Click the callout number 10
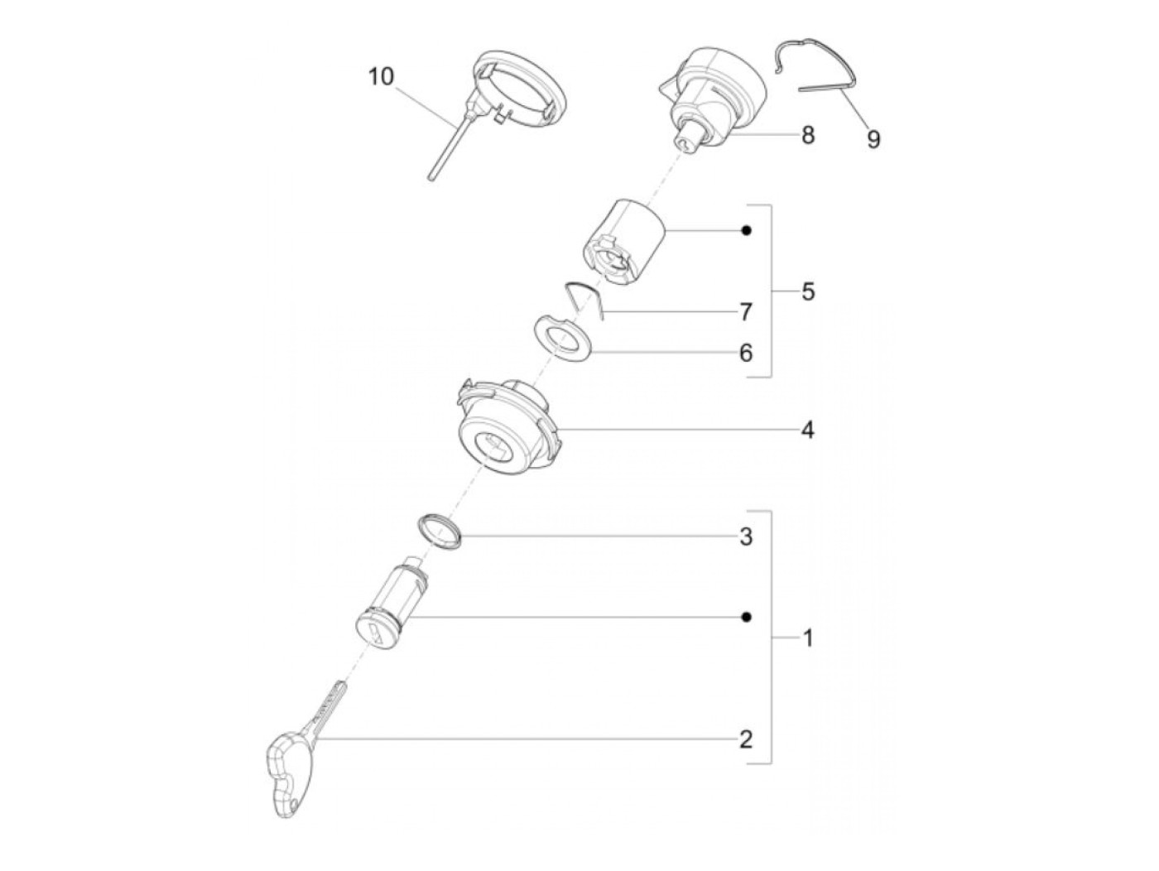click(x=382, y=77)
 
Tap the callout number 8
click(x=808, y=135)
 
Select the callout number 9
click(x=873, y=139)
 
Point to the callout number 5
click(x=808, y=291)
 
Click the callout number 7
click(x=745, y=312)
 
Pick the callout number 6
click(x=745, y=353)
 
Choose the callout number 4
click(x=808, y=431)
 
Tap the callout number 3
click(x=745, y=537)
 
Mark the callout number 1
click(x=808, y=638)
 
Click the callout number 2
click(x=745, y=740)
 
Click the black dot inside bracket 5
click(x=746, y=231)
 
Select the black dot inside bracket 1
click(x=746, y=617)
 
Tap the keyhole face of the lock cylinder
click(x=377, y=632)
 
